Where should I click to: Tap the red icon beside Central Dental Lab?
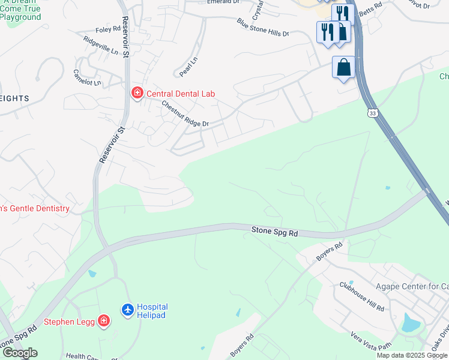(137, 93)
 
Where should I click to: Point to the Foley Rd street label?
(108, 29)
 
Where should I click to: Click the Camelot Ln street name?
(87, 77)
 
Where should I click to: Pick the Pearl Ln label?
(188, 67)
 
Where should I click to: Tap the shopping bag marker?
(344, 67)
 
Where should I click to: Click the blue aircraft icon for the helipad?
(127, 310)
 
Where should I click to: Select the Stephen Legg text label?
(69, 322)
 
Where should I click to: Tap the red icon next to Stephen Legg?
(104, 321)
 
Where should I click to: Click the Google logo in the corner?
(20, 353)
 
